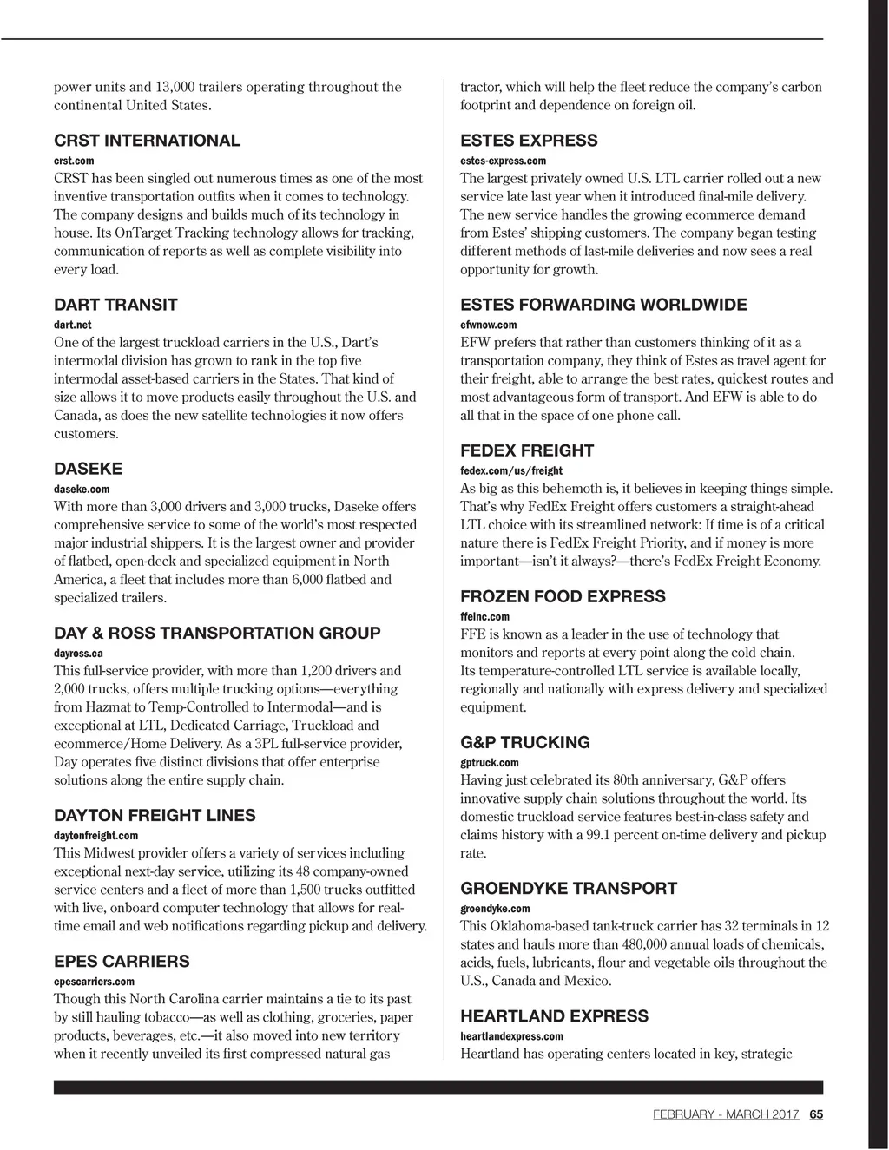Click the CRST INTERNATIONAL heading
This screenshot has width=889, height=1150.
[x=147, y=141]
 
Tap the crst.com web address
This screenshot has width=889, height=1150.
[x=74, y=161]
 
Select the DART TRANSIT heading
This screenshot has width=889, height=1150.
[x=115, y=305]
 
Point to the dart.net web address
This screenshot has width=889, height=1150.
[x=73, y=325]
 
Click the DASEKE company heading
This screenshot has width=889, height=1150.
[x=88, y=469]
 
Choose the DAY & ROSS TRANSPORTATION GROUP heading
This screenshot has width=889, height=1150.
[x=217, y=633]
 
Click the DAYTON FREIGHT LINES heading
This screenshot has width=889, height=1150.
[x=155, y=815]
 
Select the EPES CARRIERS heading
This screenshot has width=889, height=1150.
[x=122, y=961]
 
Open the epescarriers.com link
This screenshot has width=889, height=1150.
[x=94, y=982]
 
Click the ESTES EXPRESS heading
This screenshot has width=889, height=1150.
[x=529, y=141]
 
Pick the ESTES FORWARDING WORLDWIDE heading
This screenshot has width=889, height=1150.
[x=603, y=305]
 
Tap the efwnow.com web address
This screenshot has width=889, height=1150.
[x=488, y=325]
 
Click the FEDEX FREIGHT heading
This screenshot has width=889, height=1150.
[x=527, y=450]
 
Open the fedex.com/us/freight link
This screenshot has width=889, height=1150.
[x=511, y=470]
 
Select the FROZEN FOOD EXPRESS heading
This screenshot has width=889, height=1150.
[x=563, y=596]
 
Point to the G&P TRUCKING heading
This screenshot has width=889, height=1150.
[x=524, y=742]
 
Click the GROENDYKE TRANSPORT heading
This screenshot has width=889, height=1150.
[x=569, y=888]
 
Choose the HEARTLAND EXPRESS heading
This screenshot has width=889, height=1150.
[x=554, y=1015]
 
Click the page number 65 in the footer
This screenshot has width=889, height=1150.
[x=816, y=1114]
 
